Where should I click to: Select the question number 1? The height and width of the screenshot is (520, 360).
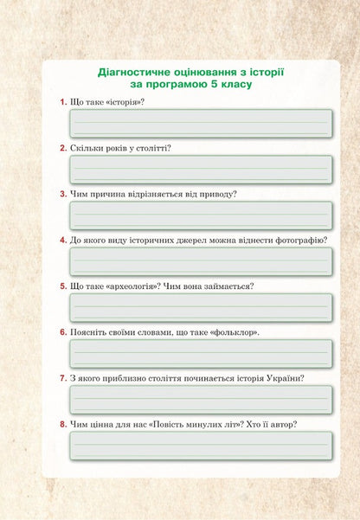coord(63,103)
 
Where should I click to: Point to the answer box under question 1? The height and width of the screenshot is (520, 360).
coord(201,123)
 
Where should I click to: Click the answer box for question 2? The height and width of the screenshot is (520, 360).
coord(201,169)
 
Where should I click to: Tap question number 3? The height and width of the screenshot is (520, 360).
coord(63,195)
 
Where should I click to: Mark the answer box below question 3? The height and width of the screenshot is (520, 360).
coord(201,215)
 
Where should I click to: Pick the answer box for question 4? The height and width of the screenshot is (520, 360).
coord(201,260)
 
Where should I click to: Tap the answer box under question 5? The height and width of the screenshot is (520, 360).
coord(201,306)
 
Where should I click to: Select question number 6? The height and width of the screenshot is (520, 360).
coord(63,332)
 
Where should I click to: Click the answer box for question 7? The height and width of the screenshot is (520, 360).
coord(201,398)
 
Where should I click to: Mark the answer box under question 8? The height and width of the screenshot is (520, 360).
coord(201,445)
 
